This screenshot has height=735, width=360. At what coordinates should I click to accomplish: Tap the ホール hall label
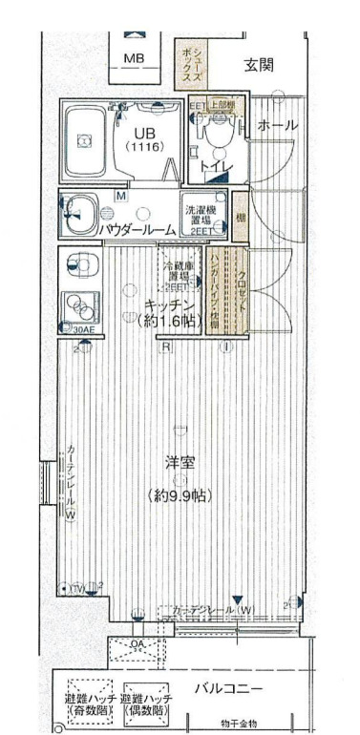tap(277, 125)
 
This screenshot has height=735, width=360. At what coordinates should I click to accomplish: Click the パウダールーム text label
tap(136, 229)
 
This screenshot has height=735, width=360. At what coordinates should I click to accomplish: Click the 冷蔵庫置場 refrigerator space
tap(179, 276)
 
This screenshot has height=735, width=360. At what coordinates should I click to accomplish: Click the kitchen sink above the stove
tap(79, 263)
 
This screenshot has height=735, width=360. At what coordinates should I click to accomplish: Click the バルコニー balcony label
tap(230, 686)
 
